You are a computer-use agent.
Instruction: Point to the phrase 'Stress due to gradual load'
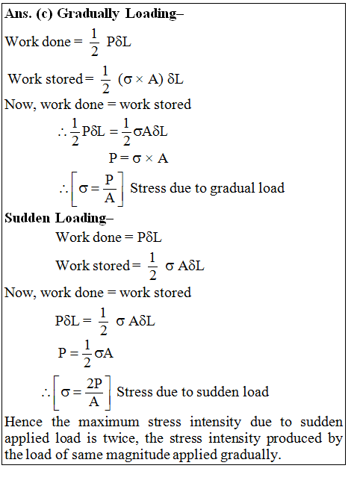tap(207, 188)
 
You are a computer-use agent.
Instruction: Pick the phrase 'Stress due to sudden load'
tap(193, 391)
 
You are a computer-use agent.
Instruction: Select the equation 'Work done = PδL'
tap(109, 237)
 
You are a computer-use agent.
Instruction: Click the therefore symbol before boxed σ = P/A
tap(63, 189)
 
